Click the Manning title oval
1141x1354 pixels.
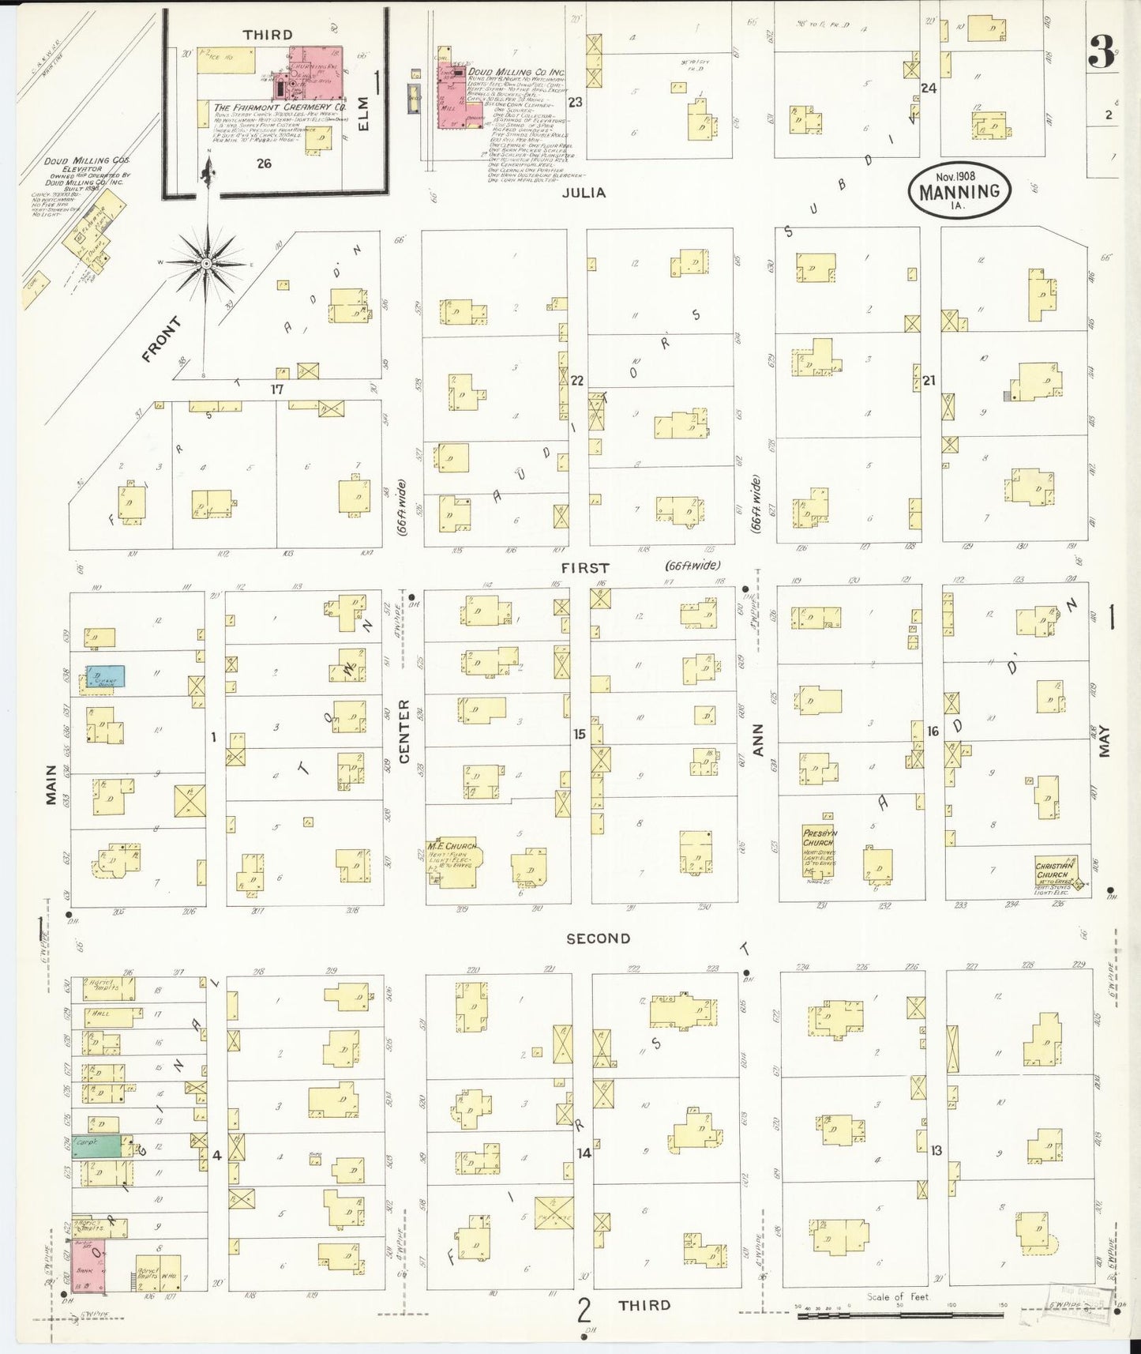point(959,190)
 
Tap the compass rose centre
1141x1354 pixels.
point(205,262)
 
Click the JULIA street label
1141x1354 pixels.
point(585,192)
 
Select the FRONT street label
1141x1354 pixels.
point(161,339)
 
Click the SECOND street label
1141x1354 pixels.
point(598,938)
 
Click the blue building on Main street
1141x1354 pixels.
point(105,676)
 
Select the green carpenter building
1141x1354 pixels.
point(97,1146)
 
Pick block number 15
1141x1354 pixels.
point(580,734)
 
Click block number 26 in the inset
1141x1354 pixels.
point(264,164)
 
